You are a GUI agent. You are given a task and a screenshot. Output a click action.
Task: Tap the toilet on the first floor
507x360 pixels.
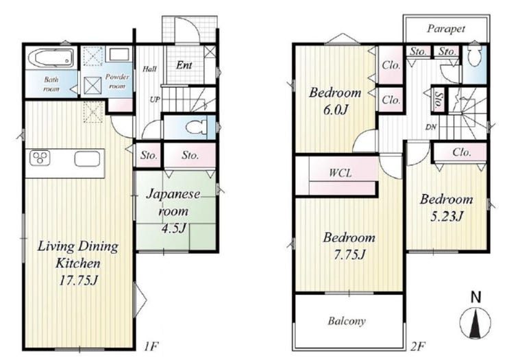click(197, 127)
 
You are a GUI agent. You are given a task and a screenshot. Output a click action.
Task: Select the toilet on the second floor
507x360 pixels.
click(474, 55)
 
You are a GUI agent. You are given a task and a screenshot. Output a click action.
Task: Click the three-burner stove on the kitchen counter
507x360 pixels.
click(40, 158)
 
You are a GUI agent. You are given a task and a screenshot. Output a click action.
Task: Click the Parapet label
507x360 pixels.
click(446, 29)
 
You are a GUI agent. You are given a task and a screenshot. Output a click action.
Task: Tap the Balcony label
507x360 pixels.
click(347, 321)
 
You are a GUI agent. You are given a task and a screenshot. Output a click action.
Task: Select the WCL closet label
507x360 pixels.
click(340, 173)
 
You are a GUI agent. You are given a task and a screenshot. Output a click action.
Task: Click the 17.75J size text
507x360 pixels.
click(78, 280)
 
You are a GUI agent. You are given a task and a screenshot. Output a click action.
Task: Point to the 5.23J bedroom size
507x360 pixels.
click(447, 216)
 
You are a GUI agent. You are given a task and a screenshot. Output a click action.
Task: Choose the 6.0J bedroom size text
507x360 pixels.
click(335, 110)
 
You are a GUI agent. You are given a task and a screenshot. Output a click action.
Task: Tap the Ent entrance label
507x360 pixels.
click(184, 65)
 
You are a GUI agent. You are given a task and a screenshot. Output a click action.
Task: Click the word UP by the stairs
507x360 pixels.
click(155, 99)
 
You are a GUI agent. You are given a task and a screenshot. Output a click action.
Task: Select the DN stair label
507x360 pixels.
click(431, 128)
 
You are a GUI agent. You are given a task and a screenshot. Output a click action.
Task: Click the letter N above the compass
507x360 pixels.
click(475, 297)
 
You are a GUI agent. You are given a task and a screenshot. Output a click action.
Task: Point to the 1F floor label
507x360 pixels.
click(151, 347)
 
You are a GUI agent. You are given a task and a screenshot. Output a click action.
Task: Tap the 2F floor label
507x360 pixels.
click(417, 347)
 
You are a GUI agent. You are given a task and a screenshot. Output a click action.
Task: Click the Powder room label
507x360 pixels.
click(117, 82)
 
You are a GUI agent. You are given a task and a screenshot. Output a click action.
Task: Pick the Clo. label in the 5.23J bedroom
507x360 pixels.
click(462, 152)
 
